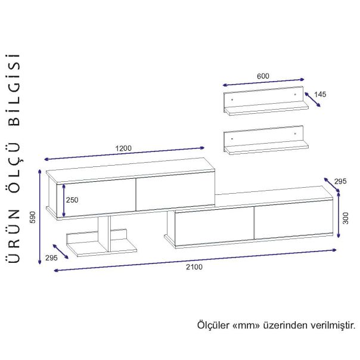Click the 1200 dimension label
coord(123,148)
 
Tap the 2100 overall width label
coord(194,267)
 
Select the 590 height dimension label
coord(33,217)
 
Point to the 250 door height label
coord(72,200)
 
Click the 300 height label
coord(345,218)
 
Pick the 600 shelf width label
coord(263,76)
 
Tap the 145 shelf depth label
coord(320,94)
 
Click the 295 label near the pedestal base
coord(51,258)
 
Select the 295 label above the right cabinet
coord(340,181)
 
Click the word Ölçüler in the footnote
coord(213,325)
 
